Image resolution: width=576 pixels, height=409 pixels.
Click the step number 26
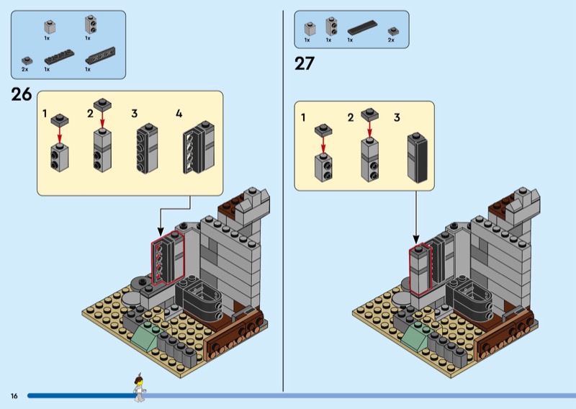[22, 94]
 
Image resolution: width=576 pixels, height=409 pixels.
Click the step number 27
[305, 63]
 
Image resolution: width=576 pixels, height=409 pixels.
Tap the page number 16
[14, 396]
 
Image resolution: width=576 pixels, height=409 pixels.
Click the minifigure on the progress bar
[139, 387]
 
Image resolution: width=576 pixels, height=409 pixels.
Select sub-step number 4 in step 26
[179, 114]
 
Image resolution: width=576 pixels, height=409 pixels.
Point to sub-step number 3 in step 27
[397, 117]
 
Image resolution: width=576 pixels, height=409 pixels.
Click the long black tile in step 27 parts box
[362, 27]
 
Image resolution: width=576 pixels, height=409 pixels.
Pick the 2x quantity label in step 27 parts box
[391, 40]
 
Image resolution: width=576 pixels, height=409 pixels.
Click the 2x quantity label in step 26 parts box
[24, 69]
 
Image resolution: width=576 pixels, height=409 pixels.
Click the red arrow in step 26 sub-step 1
[60, 135]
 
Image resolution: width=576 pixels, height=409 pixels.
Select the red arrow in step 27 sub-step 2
[369, 130]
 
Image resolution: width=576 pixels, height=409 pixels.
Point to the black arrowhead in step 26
[160, 232]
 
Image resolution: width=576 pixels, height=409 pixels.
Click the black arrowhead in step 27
[416, 239]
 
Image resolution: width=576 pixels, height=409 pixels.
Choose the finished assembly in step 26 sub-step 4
[199, 148]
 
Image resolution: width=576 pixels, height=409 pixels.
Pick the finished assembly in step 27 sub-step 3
[418, 158]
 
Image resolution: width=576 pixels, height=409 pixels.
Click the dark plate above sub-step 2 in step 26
[102, 104]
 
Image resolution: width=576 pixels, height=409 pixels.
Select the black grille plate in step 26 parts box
[100, 55]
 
